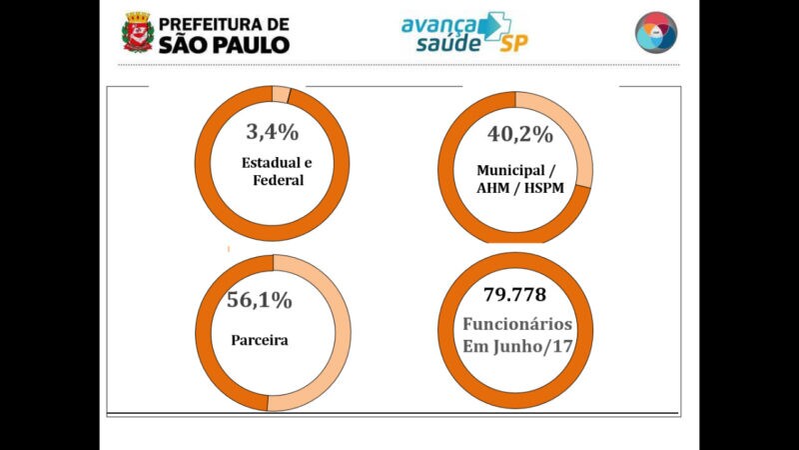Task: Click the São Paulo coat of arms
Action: (x=138, y=32)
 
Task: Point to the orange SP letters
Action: (x=514, y=45)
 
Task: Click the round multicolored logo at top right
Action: (x=656, y=33)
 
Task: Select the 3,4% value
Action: (x=273, y=131)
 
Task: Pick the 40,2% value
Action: (x=519, y=135)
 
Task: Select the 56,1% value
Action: (x=260, y=299)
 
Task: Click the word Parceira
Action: (x=260, y=340)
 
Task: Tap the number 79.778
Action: (x=515, y=295)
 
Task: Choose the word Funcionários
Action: (x=515, y=324)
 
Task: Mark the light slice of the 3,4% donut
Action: (x=282, y=95)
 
